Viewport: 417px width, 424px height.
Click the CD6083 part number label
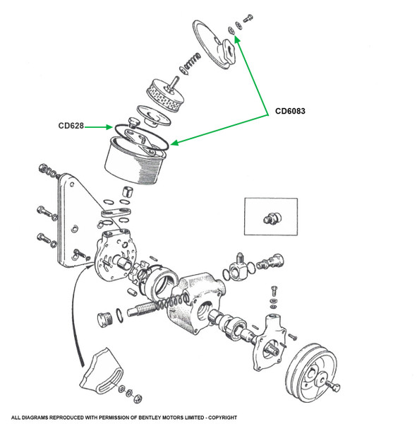[x=290, y=111]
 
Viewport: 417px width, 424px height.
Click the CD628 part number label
[x=71, y=126]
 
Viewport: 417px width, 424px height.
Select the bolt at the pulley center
[x=333, y=387]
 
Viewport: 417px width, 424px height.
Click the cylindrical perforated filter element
[x=166, y=94]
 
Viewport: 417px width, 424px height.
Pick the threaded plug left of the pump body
[x=104, y=319]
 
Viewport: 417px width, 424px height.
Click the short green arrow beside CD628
[x=98, y=126]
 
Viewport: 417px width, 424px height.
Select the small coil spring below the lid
[x=191, y=62]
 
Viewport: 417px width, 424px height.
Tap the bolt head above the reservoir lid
[x=248, y=18]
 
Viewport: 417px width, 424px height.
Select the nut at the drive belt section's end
[x=138, y=399]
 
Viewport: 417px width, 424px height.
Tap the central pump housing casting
[x=195, y=303]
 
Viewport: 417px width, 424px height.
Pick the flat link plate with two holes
[x=116, y=212]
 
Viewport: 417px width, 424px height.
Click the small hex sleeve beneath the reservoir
[x=127, y=192]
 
